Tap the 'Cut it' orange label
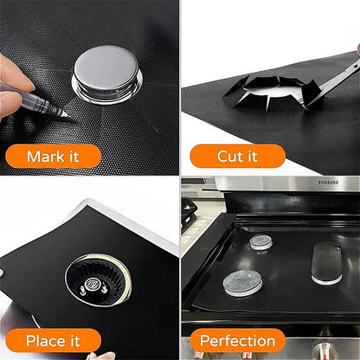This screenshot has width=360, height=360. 237,157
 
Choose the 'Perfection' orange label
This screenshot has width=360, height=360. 237,340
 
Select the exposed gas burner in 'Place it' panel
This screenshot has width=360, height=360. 97,280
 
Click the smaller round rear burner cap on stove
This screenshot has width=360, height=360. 261,242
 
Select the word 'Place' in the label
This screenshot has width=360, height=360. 43,340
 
